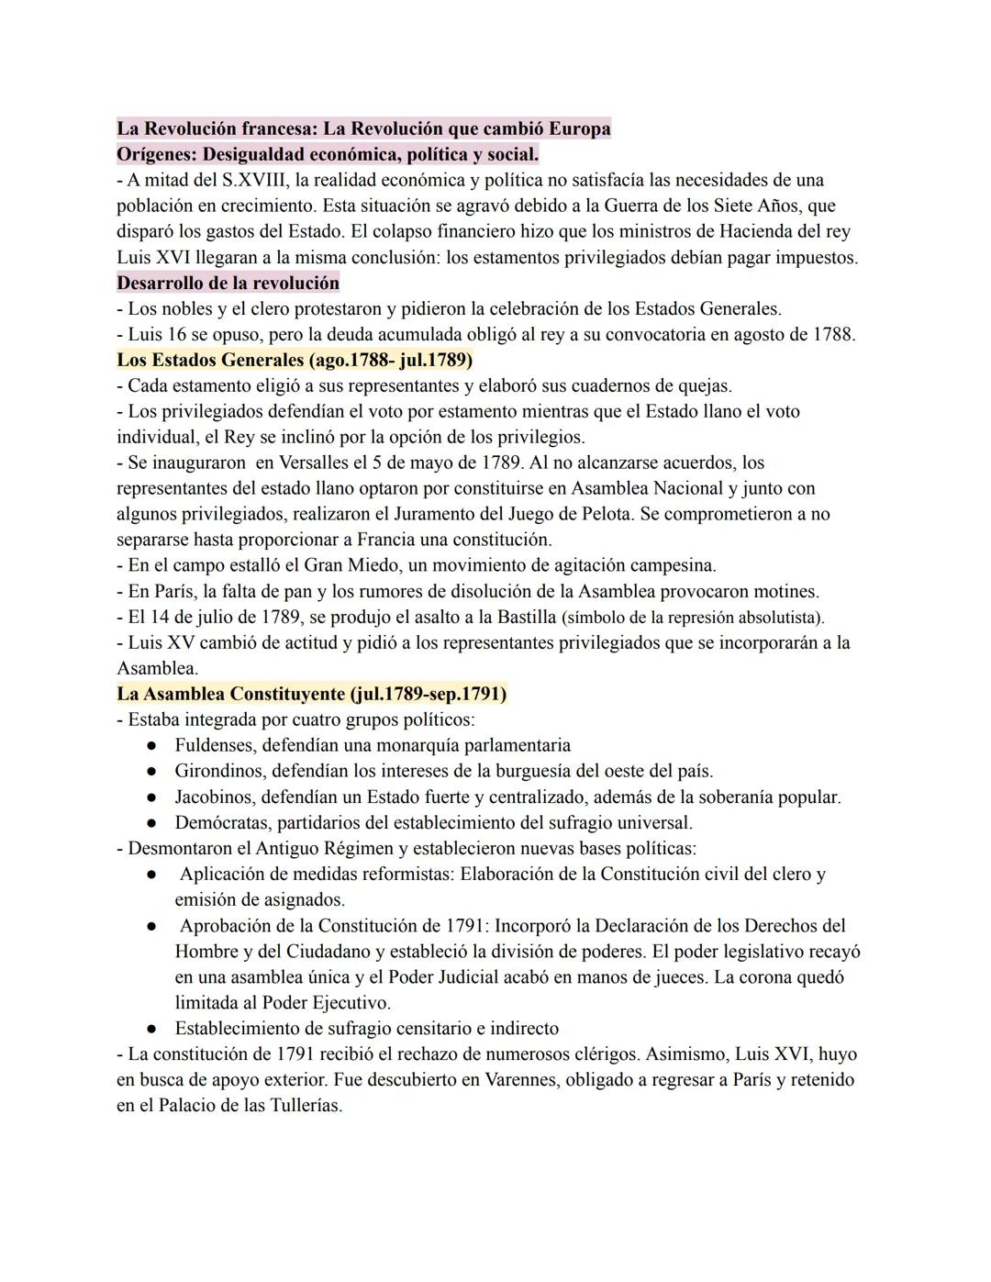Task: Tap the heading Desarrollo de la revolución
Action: coord(228,283)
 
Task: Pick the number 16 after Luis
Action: coord(176,334)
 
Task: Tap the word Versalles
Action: coord(320,463)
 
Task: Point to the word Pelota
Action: coord(603,514)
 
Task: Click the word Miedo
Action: coord(367,565)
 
